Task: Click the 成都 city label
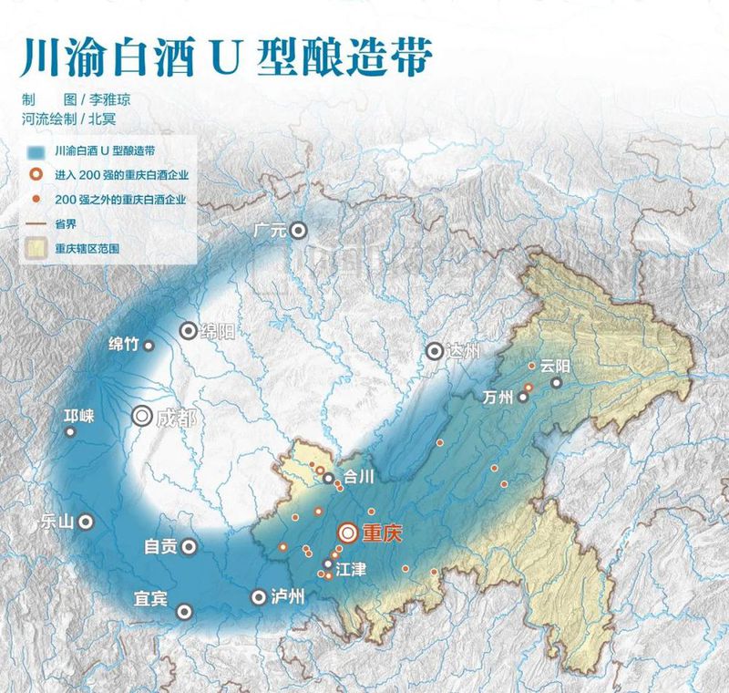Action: point(176,418)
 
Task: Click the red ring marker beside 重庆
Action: point(347,533)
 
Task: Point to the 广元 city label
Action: point(272,231)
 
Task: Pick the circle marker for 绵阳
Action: point(188,331)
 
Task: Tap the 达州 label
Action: point(464,351)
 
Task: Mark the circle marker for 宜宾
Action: point(185,611)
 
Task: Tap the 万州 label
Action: point(499,397)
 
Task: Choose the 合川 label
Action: point(354,476)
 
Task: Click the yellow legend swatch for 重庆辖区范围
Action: point(36,247)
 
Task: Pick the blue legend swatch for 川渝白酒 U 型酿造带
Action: point(36,150)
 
